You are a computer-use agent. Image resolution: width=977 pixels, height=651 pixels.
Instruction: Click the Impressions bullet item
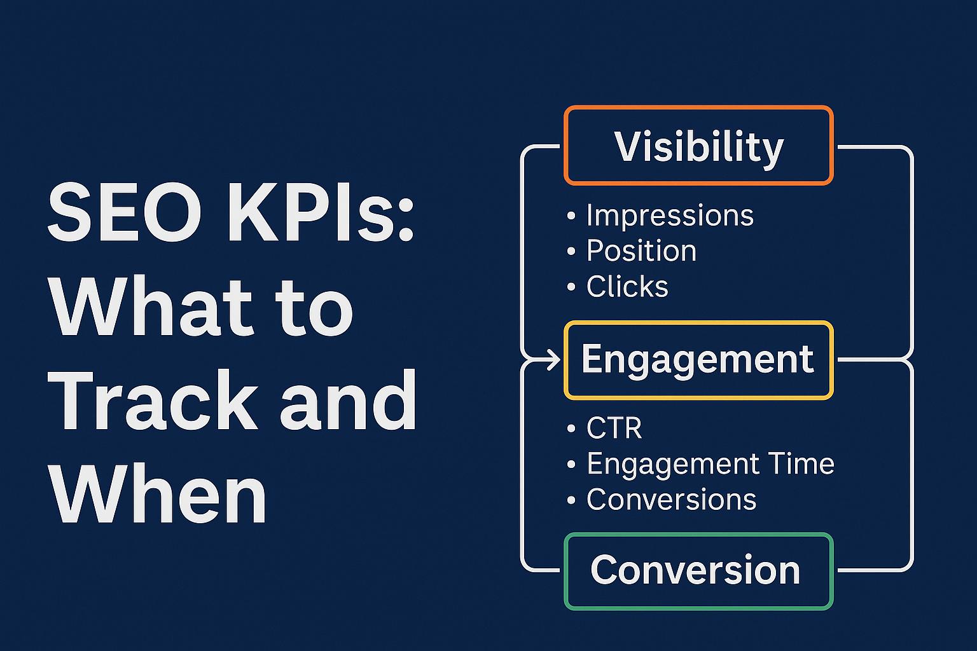coord(660,216)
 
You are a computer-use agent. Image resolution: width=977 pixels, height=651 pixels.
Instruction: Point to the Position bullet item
coord(632,251)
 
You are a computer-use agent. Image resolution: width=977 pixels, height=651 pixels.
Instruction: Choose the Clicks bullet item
coord(618,287)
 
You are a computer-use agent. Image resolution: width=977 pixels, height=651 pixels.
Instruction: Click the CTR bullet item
coord(604,428)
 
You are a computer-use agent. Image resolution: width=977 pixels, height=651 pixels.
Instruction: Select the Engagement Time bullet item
coord(700,464)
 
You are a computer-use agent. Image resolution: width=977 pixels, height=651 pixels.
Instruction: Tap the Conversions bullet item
coord(662,499)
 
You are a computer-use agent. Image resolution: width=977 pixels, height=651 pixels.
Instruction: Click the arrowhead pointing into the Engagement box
coord(555,360)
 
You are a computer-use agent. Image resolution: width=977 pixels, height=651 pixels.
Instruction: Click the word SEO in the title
coord(124,212)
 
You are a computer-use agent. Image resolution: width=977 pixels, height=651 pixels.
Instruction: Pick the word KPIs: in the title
coord(321,212)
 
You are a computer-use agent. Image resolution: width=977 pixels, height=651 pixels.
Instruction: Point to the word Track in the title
coord(153,400)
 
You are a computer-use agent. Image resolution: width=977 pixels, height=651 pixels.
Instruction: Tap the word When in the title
coord(158,493)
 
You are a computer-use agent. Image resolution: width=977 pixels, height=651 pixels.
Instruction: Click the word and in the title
coord(348,400)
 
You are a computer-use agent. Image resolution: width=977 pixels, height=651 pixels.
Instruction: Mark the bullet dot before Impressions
coord(571,216)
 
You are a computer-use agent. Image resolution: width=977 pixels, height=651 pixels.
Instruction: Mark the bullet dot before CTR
coord(571,428)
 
